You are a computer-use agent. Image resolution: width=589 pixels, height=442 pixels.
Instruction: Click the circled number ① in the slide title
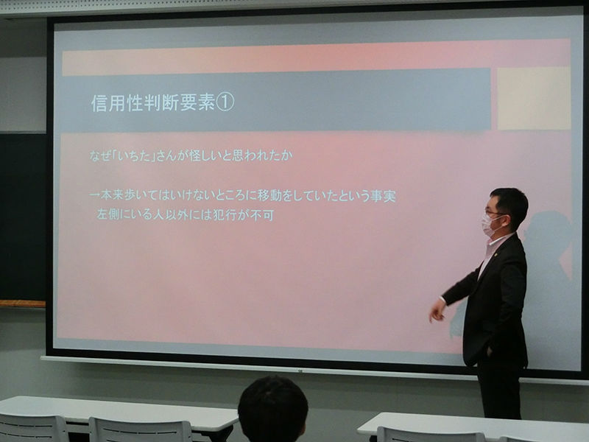(x=225, y=102)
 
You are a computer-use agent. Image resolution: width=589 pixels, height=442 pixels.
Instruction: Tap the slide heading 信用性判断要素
(x=153, y=102)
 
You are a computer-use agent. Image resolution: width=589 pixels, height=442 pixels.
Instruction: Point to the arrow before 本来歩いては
(x=95, y=195)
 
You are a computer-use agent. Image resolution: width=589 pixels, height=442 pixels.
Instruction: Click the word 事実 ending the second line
(x=383, y=196)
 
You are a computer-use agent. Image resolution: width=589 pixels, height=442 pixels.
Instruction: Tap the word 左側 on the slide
(x=108, y=214)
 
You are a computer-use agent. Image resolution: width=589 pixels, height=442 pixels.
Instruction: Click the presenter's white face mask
(x=490, y=225)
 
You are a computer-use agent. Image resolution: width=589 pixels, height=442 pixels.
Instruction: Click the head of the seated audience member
(x=273, y=410)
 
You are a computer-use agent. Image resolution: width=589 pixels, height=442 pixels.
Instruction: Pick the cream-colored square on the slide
(x=535, y=99)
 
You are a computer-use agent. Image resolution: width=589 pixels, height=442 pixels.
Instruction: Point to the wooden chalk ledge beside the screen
(x=23, y=304)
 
